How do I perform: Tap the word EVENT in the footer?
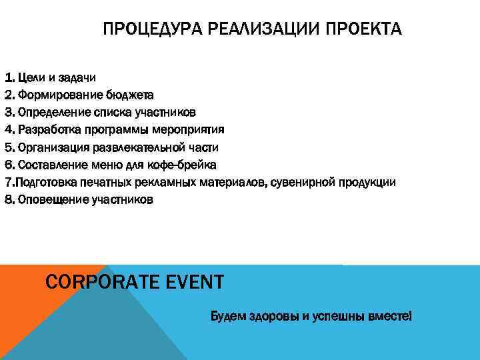(x=193, y=282)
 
